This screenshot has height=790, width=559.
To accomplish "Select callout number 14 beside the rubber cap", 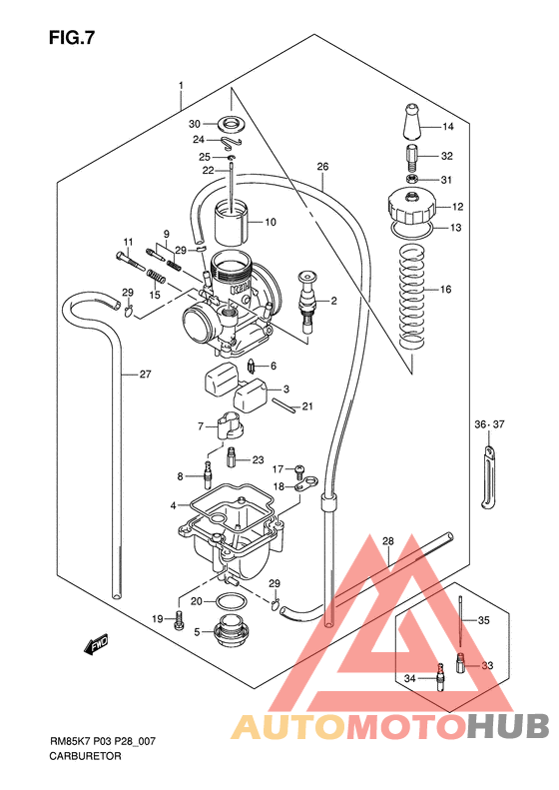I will (x=447, y=127).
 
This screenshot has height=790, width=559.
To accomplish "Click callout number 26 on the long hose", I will (x=321, y=166).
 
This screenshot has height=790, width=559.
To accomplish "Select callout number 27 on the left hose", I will (x=145, y=375).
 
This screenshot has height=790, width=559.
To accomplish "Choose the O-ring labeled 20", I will (x=232, y=602).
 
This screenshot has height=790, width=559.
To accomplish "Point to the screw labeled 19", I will (x=178, y=621).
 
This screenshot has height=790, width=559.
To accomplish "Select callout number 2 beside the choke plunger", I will (x=333, y=300).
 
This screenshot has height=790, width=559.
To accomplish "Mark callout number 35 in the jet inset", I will (x=484, y=620).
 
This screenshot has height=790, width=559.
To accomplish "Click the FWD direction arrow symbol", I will (x=96, y=646).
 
